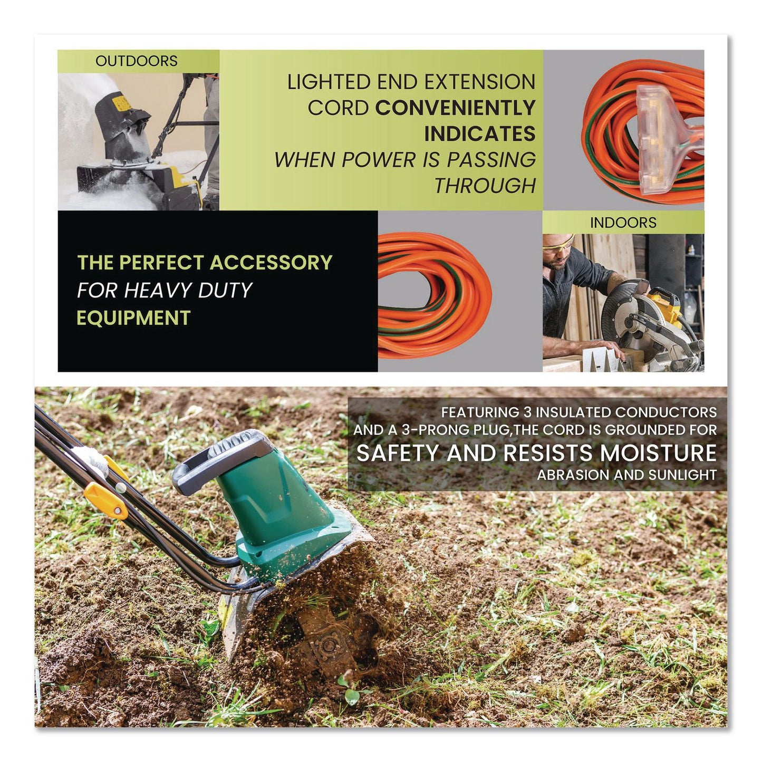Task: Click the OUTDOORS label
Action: pyautogui.click(x=136, y=61)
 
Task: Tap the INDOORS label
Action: pyautogui.click(x=623, y=223)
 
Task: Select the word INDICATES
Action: pyautogui.click(x=479, y=134)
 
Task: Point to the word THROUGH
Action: pyautogui.click(x=485, y=186)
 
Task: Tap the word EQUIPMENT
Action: pyautogui.click(x=133, y=318)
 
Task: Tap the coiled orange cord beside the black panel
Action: pyautogui.click(x=435, y=295)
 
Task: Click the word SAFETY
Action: pyautogui.click(x=398, y=453)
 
